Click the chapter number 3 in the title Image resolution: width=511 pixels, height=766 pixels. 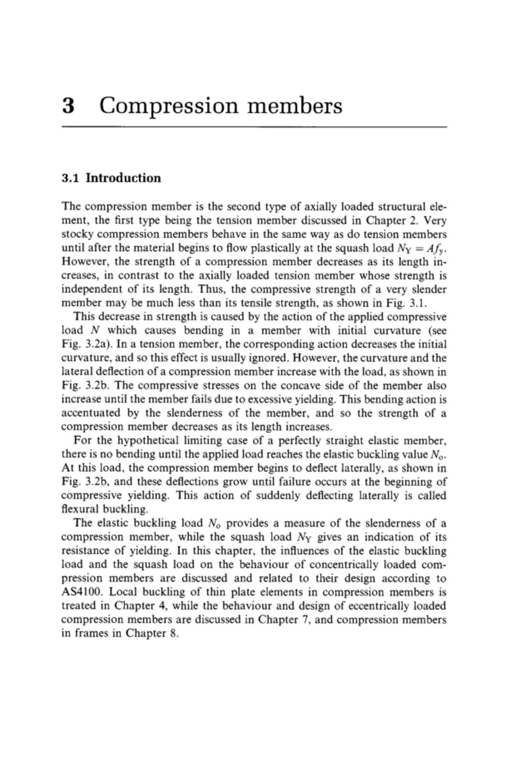tap(69, 106)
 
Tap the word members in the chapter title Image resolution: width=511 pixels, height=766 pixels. tap(295, 106)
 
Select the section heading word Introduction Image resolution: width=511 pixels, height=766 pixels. tap(123, 178)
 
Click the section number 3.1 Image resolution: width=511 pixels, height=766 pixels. tap(71, 178)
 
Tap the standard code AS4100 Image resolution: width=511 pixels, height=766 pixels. tap(83, 592)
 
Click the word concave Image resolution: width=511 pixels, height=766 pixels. tap(317, 386)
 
